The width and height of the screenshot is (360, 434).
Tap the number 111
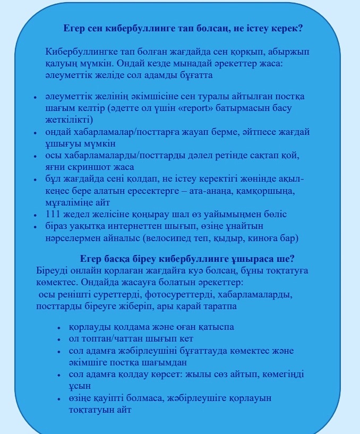[54, 214]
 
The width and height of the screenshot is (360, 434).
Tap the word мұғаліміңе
[72, 202]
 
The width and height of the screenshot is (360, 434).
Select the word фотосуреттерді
[176, 294]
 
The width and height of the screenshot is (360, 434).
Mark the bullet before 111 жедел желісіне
[35, 215]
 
